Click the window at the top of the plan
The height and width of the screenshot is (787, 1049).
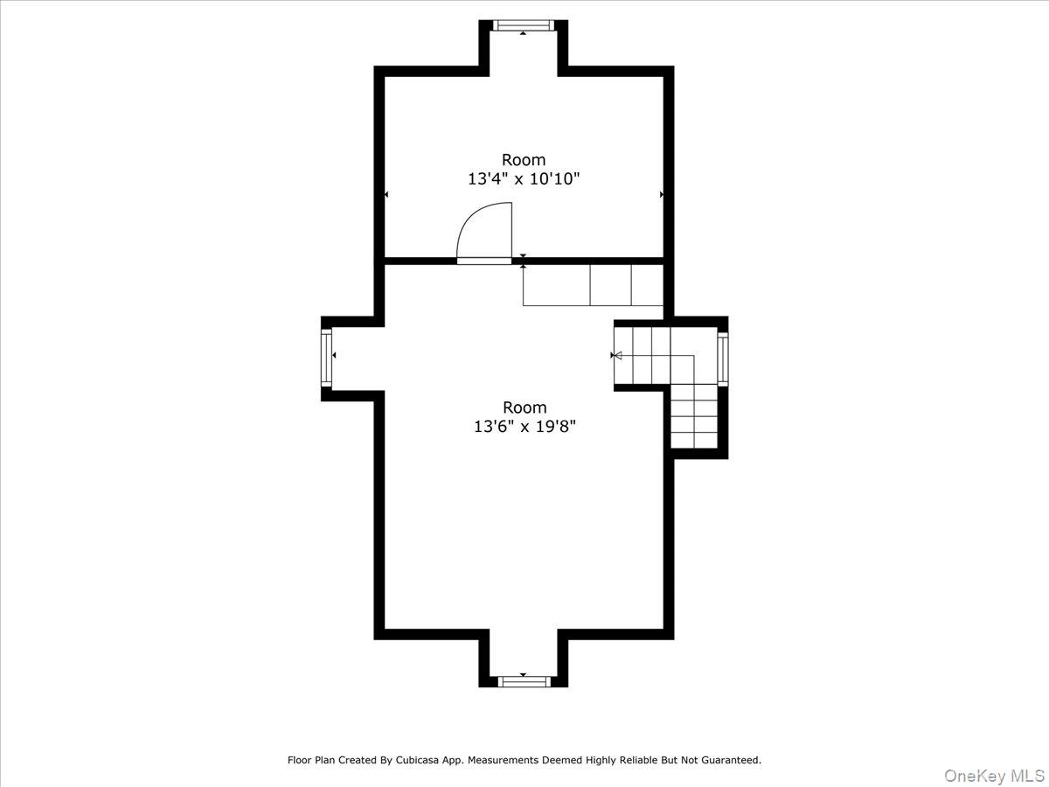pos(523,25)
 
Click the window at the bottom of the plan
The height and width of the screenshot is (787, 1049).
pos(523,681)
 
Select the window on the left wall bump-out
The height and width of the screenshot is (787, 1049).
pos(326,357)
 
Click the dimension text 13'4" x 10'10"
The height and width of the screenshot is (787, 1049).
pos(523,179)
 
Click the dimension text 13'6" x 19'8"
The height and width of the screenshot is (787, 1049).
pos(524,427)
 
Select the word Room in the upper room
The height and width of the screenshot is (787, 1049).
pos(523,160)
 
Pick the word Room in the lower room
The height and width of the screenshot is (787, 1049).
pos(524,407)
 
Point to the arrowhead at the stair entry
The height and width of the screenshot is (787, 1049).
pos(615,356)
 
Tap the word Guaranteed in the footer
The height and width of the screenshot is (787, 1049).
pos(725,760)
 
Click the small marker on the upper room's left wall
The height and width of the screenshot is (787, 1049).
pos(386,194)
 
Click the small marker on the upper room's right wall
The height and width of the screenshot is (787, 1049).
pos(661,194)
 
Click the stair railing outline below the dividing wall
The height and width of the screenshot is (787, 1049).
pos(592,284)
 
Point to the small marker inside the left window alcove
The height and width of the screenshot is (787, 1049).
pos(334,355)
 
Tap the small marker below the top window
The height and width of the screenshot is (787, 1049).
pos(523,33)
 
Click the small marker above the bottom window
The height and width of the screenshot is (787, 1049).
pos(523,674)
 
